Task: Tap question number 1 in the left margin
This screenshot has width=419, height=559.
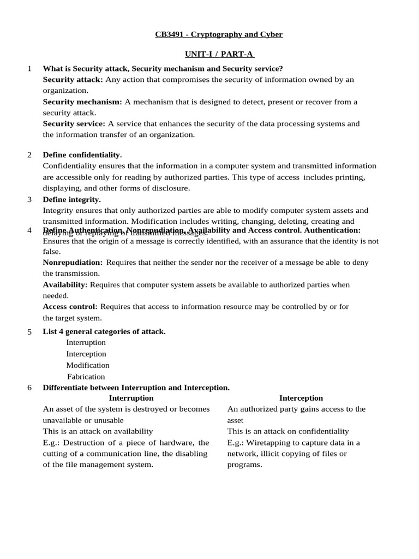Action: pyautogui.click(x=29, y=68)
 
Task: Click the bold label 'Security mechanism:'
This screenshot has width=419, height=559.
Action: pyautogui.click(x=82, y=102)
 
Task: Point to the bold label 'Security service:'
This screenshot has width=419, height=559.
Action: pyautogui.click(x=75, y=123)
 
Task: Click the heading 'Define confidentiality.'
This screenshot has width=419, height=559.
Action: pyautogui.click(x=82, y=155)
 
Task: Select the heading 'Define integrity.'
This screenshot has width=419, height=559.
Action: pyautogui.click(x=71, y=199)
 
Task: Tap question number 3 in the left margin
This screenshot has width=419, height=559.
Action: pyautogui.click(x=29, y=199)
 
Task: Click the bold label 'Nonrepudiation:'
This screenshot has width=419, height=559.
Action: pyautogui.click(x=73, y=263)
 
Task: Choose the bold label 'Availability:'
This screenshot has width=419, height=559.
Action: pyautogui.click(x=65, y=284)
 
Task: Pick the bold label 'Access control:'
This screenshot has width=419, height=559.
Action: pyautogui.click(x=70, y=307)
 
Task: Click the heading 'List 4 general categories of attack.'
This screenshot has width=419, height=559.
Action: pyautogui.click(x=104, y=331)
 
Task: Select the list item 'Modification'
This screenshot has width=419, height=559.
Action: pyautogui.click(x=88, y=365)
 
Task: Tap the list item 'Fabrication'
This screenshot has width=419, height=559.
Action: pyautogui.click(x=86, y=377)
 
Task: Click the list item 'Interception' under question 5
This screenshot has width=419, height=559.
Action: pyautogui.click(x=86, y=354)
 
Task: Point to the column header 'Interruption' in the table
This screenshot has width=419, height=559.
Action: pyautogui.click(x=131, y=398)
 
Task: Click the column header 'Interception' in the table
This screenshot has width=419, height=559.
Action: pyautogui.click(x=301, y=398)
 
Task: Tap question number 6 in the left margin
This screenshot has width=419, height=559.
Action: pyautogui.click(x=29, y=388)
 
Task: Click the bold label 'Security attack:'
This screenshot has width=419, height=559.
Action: pyautogui.click(x=73, y=80)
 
